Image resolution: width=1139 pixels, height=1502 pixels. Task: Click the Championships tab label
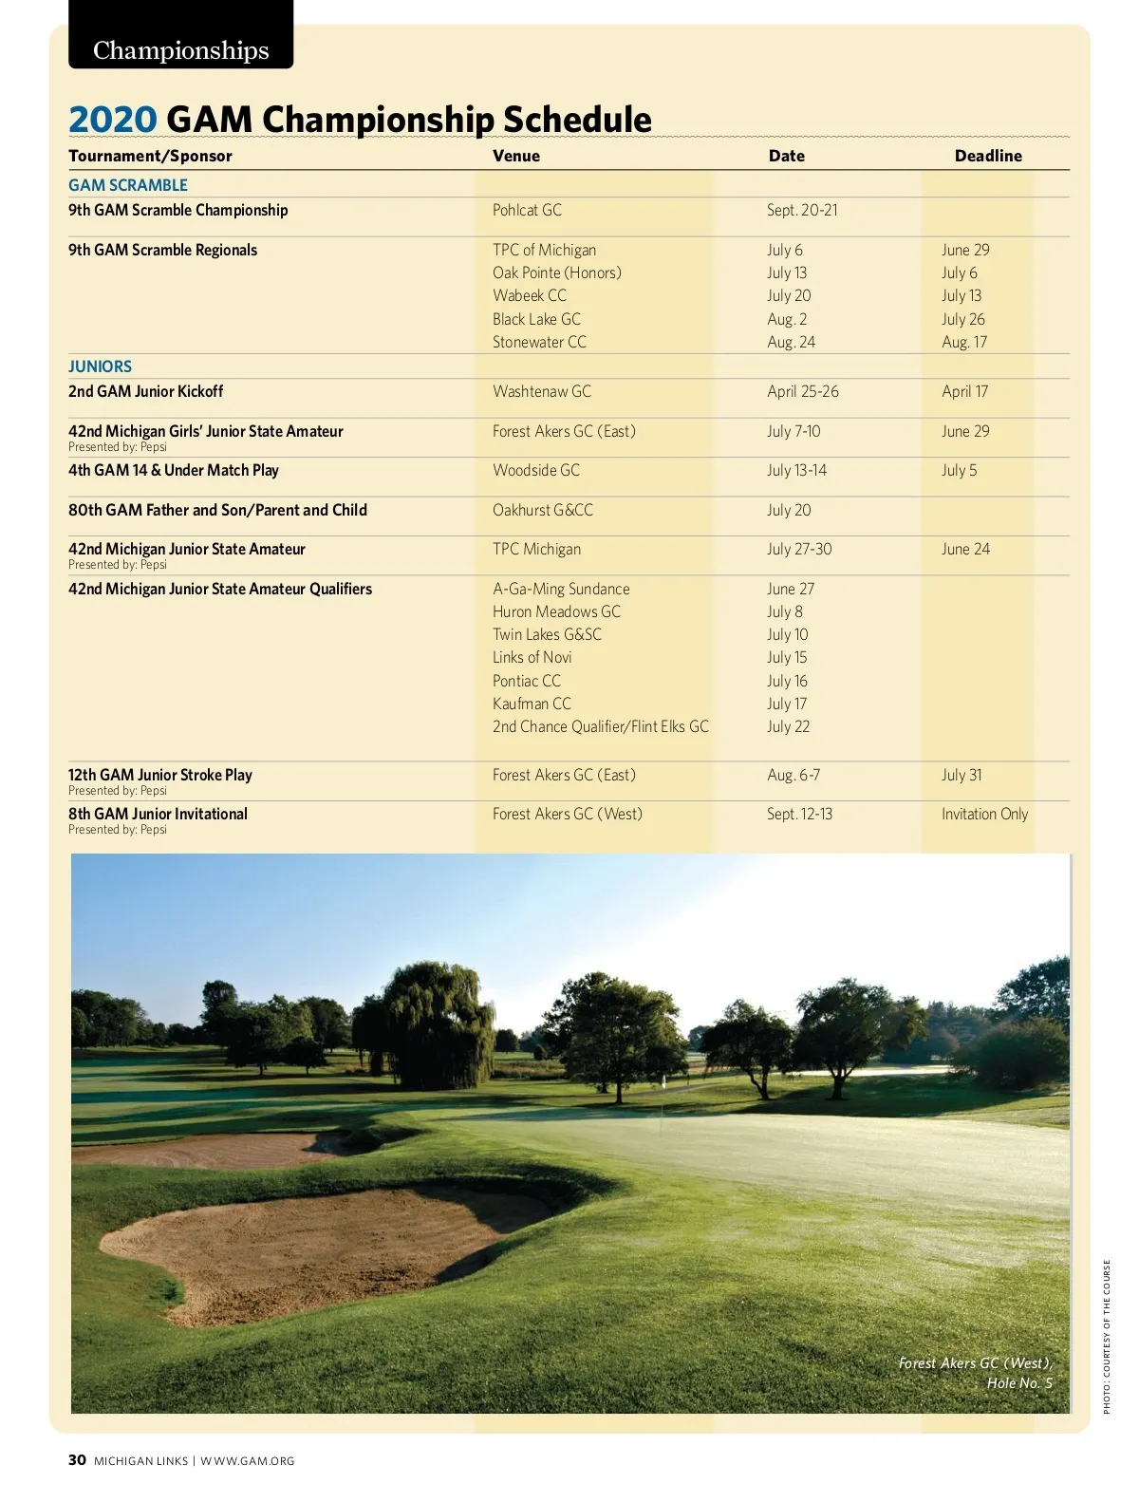(180, 49)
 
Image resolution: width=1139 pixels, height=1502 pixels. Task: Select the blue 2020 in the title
(112, 120)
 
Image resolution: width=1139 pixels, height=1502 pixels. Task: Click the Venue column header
(516, 156)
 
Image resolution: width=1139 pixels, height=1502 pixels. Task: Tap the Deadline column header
(988, 156)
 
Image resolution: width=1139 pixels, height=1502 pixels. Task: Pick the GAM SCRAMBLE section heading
(128, 185)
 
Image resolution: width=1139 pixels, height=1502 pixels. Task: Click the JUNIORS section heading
(100, 366)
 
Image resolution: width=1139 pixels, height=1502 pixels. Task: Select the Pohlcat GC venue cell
(527, 210)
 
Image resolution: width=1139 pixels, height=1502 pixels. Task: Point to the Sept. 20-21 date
(802, 210)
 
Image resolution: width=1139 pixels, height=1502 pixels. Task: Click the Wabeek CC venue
(530, 295)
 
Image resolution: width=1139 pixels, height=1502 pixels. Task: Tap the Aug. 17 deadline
(964, 342)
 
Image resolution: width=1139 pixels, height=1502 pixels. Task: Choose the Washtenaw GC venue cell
(542, 391)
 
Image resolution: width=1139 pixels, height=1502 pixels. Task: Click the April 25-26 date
(803, 391)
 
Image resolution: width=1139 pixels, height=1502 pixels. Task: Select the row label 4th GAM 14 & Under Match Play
(174, 470)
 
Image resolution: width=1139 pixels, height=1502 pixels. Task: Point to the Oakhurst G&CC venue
(543, 510)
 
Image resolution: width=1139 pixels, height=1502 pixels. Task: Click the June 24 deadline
(965, 549)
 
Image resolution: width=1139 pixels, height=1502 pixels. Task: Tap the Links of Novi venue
(532, 657)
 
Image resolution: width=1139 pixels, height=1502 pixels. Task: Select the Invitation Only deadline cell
(984, 814)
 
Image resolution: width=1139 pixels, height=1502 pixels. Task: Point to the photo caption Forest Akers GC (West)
(975, 1363)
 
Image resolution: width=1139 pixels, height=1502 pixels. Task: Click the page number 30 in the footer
(77, 1460)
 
